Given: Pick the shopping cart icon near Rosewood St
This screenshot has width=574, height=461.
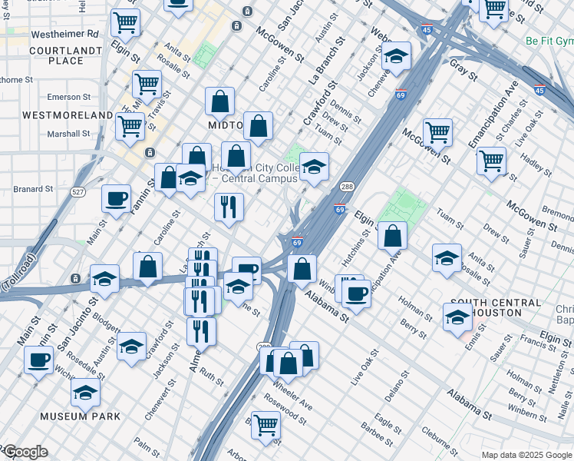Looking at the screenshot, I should click(266, 424).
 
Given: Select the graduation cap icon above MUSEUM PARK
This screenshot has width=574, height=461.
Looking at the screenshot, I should click(86, 392).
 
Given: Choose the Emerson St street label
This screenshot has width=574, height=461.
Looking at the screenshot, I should click(64, 97).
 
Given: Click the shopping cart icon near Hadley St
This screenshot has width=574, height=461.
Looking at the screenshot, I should click(491, 161).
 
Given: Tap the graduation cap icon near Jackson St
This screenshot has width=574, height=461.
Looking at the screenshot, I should click(396, 56).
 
